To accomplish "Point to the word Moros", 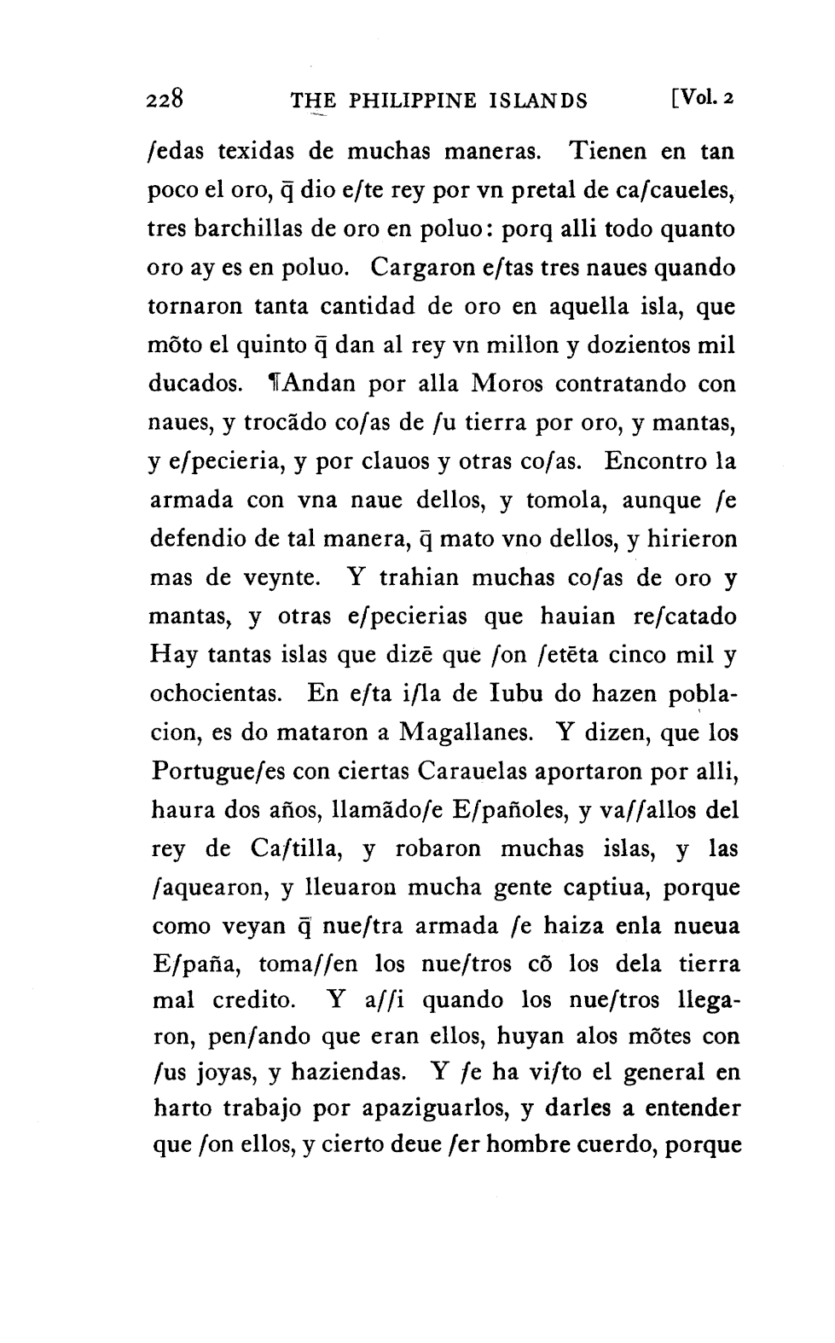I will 507,385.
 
